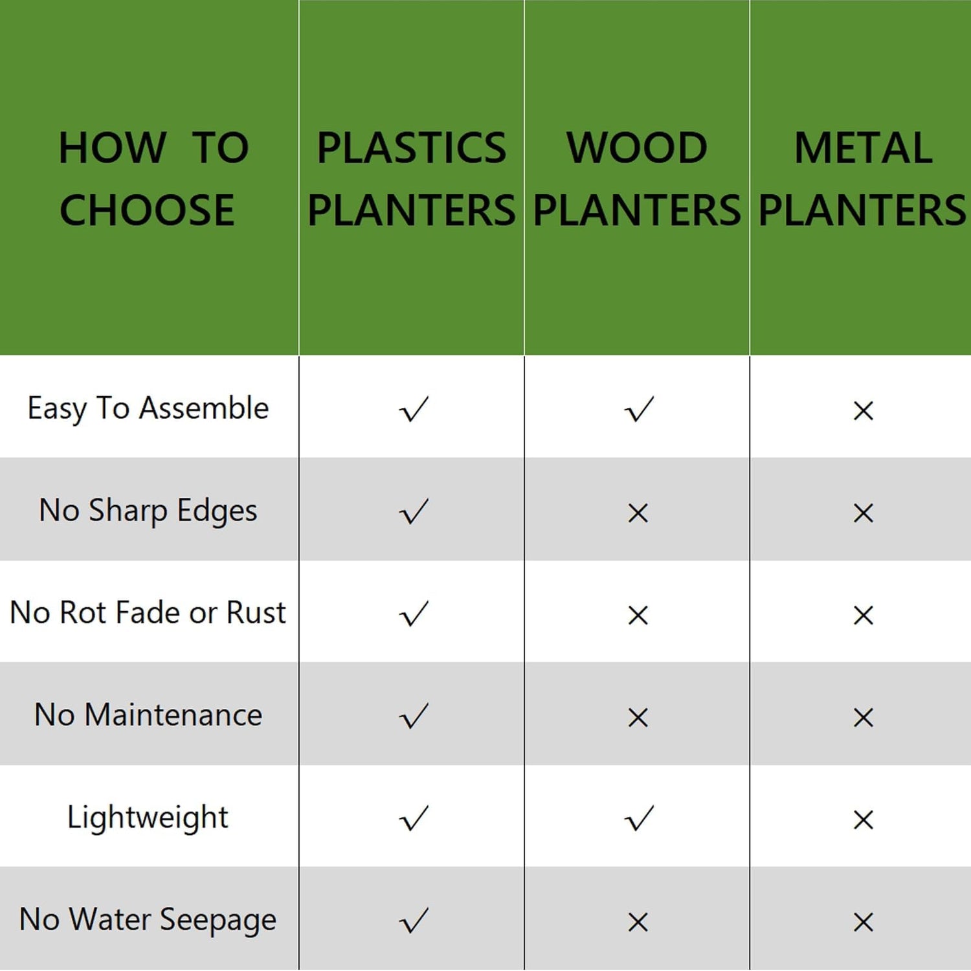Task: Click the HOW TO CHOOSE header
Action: pos(153,179)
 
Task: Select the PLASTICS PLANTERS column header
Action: pos(412,179)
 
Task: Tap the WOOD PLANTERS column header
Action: pos(637,179)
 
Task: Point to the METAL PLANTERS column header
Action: pos(863,179)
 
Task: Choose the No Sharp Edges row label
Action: pos(148,511)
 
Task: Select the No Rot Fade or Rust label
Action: pos(148,612)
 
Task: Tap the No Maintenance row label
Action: pos(148,715)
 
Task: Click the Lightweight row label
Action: pos(148,818)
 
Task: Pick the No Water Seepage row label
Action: pos(148,920)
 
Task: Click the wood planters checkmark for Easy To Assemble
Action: pos(639,409)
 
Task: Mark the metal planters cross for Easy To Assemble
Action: pos(864,410)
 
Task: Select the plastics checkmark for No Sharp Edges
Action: pos(414,511)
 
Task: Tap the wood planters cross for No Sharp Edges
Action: pos(638,513)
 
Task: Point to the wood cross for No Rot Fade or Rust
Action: pos(638,615)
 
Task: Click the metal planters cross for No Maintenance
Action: pos(864,717)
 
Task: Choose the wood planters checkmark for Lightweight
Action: pos(639,818)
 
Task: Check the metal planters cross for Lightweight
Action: pos(864,820)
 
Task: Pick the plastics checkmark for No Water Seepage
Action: pos(414,921)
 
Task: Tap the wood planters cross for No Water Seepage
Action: pos(638,922)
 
